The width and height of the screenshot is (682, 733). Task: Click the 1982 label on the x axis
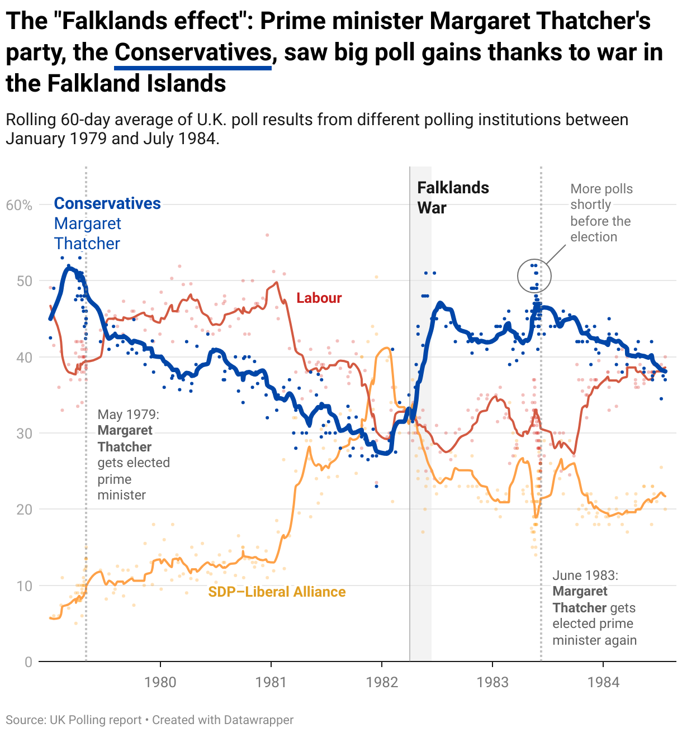click(381, 682)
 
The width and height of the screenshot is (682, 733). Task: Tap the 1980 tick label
click(160, 682)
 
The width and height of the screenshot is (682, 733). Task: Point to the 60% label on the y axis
click(19, 206)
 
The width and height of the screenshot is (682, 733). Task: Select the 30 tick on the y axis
click(25, 434)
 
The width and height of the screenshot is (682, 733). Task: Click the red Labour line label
click(319, 298)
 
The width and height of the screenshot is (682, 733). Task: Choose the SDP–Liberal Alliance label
click(277, 592)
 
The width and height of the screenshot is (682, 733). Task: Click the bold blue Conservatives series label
click(107, 203)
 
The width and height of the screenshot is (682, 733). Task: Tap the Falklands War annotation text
click(453, 198)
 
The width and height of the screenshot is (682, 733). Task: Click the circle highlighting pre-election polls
click(534, 276)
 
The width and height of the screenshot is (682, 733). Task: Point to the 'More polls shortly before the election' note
click(601, 213)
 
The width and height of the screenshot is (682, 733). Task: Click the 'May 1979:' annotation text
click(129, 415)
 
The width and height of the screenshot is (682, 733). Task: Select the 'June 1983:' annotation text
click(585, 575)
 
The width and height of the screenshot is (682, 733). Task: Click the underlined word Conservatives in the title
click(193, 53)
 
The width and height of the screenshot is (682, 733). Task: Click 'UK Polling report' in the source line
click(96, 720)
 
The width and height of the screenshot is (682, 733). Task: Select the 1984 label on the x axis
click(603, 682)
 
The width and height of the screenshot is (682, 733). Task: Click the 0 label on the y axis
click(29, 662)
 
